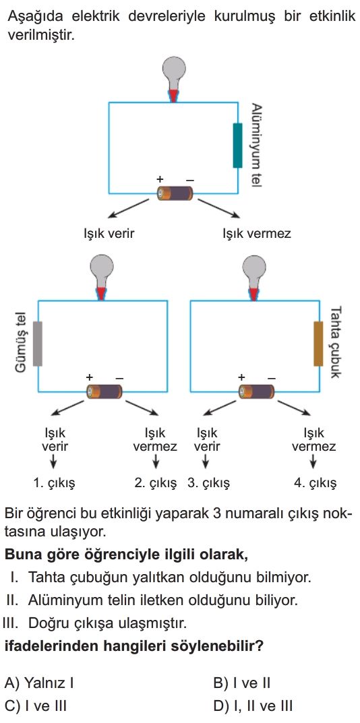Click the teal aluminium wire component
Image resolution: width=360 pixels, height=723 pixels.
pos(238,146)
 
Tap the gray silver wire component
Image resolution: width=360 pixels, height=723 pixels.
pos(38,344)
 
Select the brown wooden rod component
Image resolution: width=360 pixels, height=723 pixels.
pos(318,344)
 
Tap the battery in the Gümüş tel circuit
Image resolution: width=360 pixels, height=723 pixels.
pos(104,391)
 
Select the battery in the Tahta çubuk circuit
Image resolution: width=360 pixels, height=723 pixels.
pos(256,391)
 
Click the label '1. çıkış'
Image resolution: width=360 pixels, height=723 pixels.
pos(54,483)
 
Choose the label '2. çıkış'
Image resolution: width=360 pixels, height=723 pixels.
pos(156,483)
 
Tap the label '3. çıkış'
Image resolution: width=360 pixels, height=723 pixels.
pos(208,483)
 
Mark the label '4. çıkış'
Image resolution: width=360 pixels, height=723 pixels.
pos(316,483)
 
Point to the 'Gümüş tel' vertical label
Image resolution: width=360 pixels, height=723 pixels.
pos(20,343)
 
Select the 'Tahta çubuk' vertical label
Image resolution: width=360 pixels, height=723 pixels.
pos(336,342)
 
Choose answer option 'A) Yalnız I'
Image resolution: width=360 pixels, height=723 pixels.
pos(39,683)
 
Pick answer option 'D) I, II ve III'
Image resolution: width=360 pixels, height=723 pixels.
pos(253,706)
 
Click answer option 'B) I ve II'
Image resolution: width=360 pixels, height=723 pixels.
pos(242,683)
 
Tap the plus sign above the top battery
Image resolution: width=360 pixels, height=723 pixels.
pos(160,179)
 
